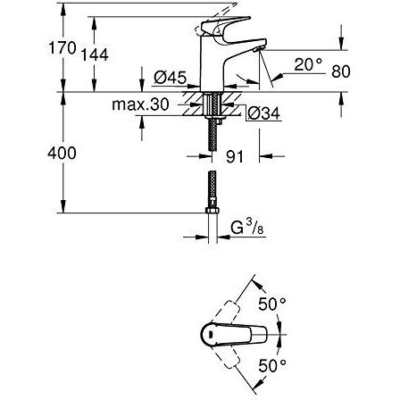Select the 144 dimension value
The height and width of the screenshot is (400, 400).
pos(97,55)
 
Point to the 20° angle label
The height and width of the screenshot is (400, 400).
pos(306,64)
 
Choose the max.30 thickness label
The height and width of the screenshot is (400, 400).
pos(140,104)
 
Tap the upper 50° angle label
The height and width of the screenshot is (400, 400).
pos(273,304)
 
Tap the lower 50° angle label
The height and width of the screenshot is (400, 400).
pos(273,366)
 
